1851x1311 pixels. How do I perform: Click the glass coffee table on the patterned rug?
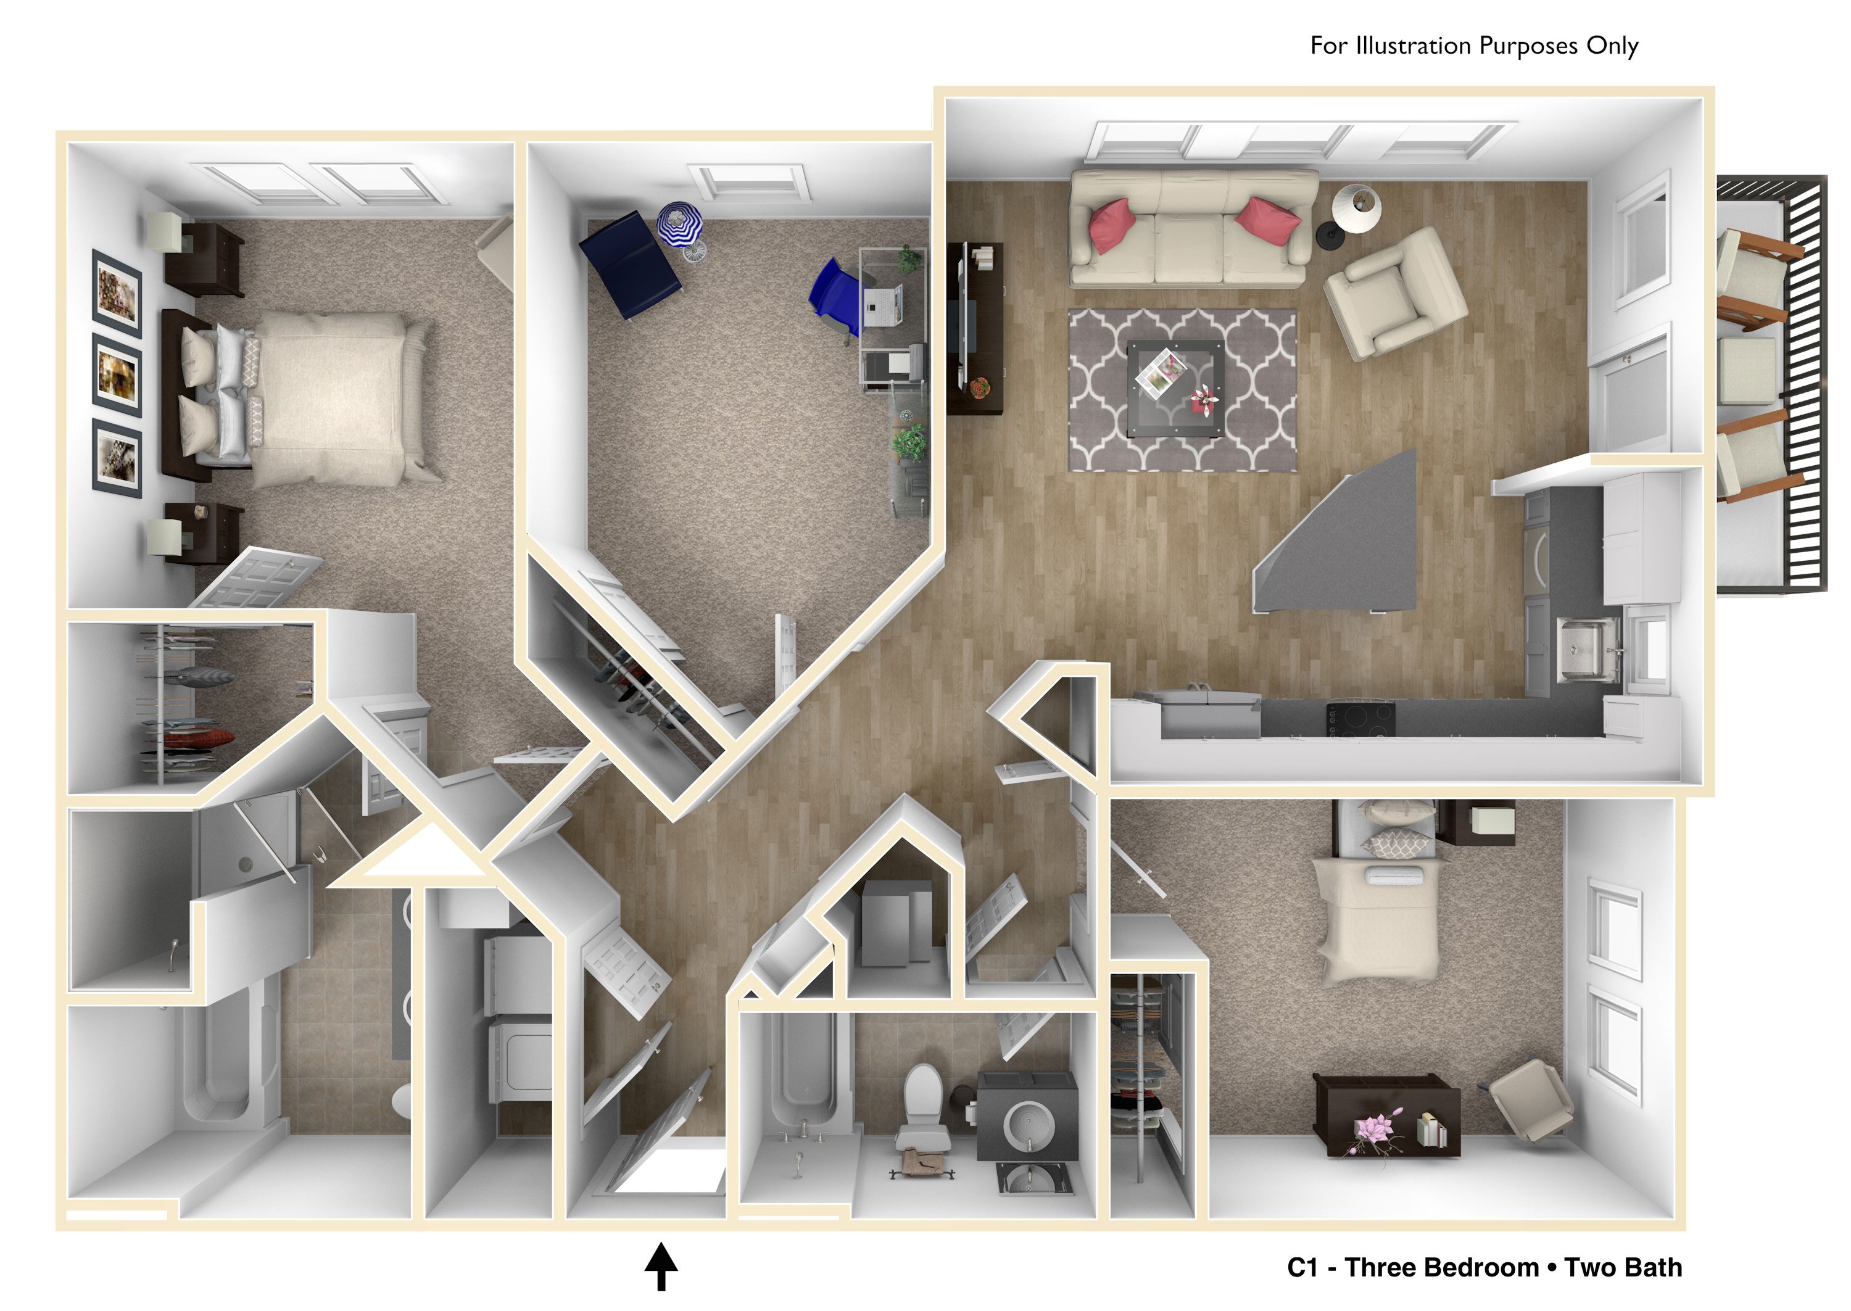1175,388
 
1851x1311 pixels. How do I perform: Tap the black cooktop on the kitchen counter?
1360,719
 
